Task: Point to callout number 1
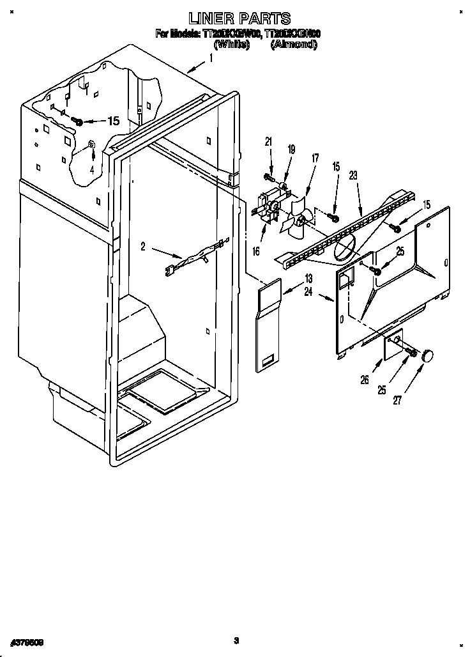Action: pos(211,58)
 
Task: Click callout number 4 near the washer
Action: pos(92,169)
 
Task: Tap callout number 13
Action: pos(308,278)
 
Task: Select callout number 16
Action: pos(256,252)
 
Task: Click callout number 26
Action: pos(364,380)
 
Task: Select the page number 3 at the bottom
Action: pos(236,640)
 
